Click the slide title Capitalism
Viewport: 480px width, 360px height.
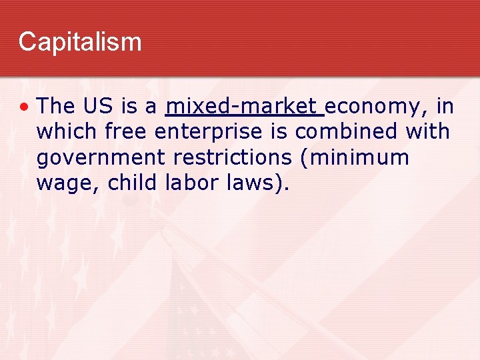80,41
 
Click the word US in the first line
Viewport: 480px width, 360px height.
98,105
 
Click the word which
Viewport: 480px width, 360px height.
66,131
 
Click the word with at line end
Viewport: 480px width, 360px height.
427,131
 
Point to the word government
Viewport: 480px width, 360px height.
100,159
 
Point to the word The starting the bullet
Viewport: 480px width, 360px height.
56,105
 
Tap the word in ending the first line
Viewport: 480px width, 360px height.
445,105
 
